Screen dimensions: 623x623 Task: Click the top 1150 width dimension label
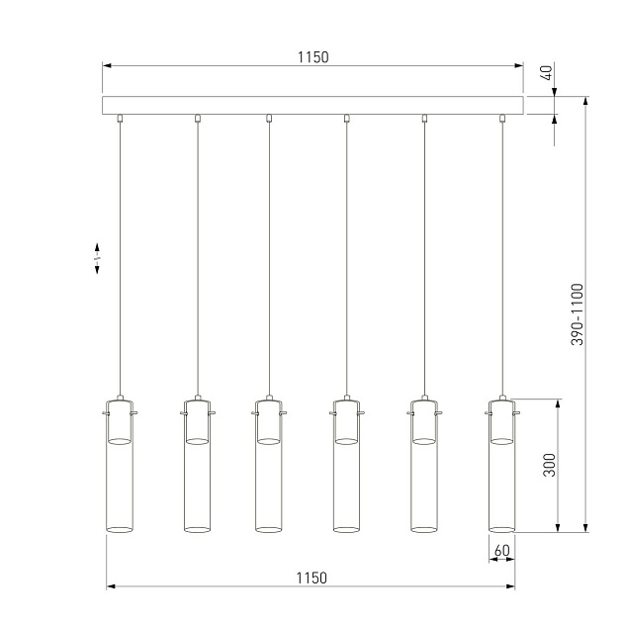click(x=312, y=57)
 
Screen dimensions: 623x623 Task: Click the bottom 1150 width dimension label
click(x=311, y=578)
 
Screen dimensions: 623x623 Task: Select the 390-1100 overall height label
click(x=578, y=314)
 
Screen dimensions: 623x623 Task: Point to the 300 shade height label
click(x=550, y=466)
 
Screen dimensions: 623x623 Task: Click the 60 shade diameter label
click(x=501, y=550)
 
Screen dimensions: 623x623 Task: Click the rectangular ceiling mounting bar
click(x=312, y=105)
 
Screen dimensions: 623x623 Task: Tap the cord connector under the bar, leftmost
click(x=119, y=119)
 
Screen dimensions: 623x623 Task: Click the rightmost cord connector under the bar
click(x=502, y=119)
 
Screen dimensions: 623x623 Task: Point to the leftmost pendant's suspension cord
click(x=119, y=257)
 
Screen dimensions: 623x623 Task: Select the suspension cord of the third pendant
click(x=268, y=257)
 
